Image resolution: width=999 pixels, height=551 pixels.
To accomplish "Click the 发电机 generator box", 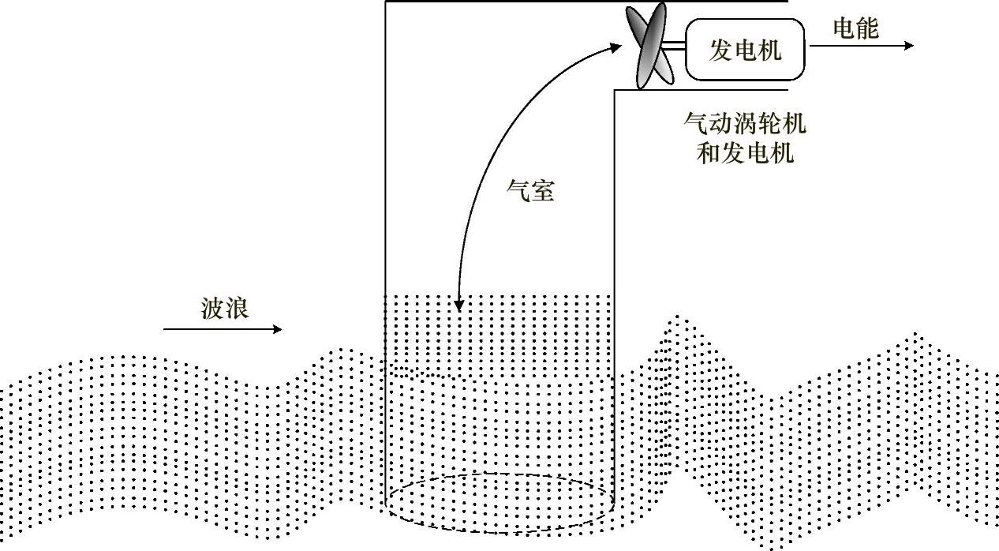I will pyautogui.click(x=745, y=50).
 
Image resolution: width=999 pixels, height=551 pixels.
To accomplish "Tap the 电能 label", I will pyautogui.click(x=855, y=28).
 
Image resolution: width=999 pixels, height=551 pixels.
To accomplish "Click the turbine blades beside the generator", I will pyautogui.click(x=652, y=46).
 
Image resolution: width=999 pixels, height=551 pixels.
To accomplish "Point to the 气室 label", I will pyautogui.click(x=529, y=190).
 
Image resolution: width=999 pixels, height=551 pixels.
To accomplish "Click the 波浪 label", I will pyautogui.click(x=225, y=308).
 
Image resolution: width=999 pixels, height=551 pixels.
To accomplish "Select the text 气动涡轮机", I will pyautogui.click(x=745, y=124).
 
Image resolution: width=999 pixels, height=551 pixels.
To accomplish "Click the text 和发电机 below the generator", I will pyautogui.click(x=745, y=152).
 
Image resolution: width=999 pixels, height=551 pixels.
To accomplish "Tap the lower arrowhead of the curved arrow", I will pyautogui.click(x=458, y=306).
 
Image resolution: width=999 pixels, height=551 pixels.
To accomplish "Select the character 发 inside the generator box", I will pyautogui.click(x=720, y=51).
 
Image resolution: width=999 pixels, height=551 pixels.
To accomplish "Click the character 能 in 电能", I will pyautogui.click(x=867, y=28).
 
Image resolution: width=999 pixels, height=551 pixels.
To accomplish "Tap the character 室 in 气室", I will pyautogui.click(x=542, y=190).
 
